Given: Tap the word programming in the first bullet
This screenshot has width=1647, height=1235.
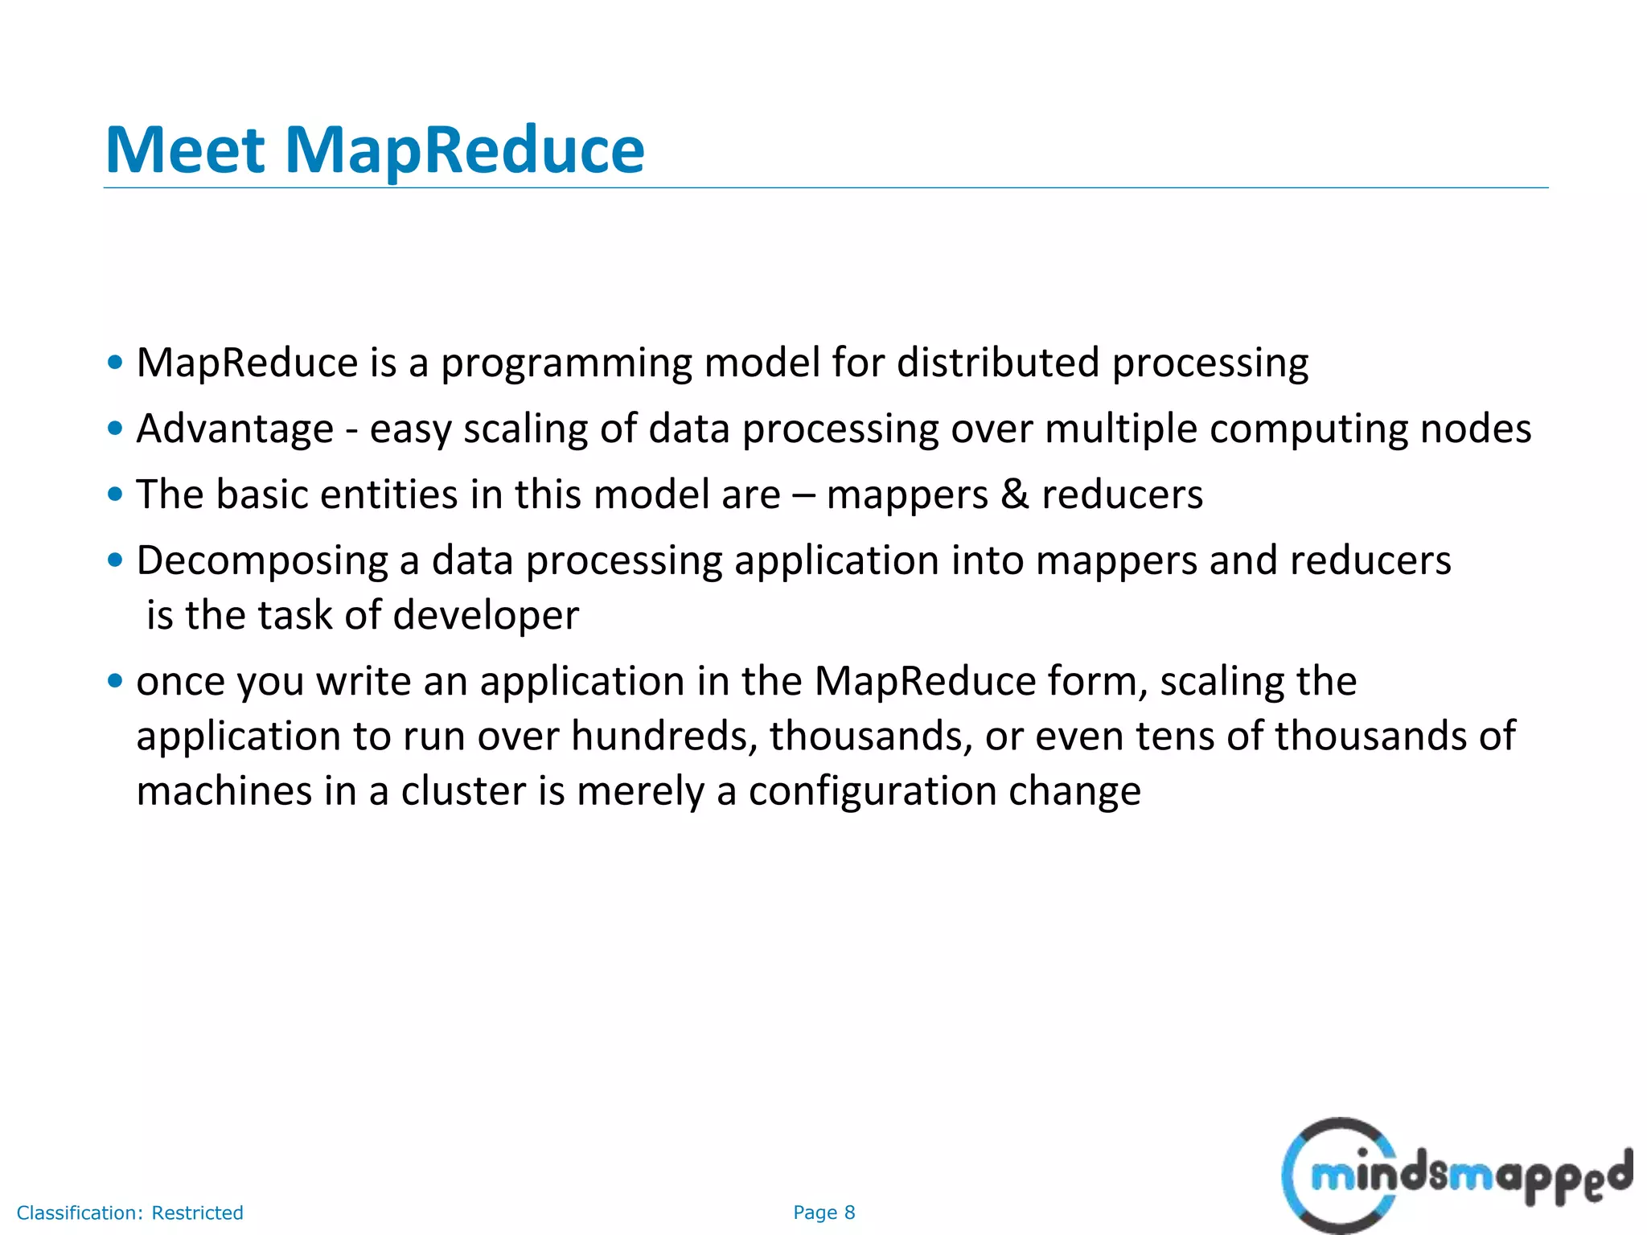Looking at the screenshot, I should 565,363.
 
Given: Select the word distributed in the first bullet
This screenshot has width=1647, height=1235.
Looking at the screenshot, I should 997,363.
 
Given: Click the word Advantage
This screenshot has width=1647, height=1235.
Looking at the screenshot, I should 235,429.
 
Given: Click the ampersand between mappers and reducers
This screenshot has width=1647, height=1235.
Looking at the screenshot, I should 1014,494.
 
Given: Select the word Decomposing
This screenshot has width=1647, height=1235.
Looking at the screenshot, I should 262,561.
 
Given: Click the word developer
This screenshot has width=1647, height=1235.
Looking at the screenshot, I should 486,616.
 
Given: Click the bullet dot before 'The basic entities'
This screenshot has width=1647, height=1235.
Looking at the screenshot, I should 115,494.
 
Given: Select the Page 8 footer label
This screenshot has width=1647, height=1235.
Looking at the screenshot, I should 823,1212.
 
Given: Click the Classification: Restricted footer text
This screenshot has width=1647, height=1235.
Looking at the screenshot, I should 129,1212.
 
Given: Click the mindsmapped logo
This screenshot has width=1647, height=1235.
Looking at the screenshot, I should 1456,1176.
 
